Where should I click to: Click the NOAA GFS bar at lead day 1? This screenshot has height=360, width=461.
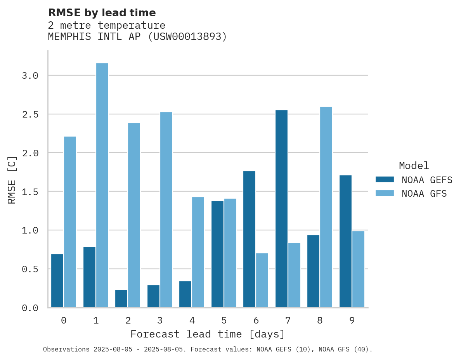(102, 185)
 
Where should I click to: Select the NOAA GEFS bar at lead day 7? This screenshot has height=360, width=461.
(281, 209)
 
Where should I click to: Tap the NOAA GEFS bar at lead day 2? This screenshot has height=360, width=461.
(121, 298)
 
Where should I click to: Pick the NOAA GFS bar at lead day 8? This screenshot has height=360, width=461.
(326, 207)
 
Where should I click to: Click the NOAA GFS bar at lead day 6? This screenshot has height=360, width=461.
(262, 280)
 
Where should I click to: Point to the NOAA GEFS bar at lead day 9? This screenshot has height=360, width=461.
(345, 241)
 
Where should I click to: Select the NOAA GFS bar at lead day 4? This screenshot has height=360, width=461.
(198, 252)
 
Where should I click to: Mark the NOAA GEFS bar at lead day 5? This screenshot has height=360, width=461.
(217, 254)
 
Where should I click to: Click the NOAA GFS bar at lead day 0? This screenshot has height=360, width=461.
(70, 222)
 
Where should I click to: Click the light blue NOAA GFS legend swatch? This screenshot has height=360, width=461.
(385, 193)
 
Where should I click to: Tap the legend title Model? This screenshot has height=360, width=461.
(414, 166)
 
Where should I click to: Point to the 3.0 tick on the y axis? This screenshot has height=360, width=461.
(30, 76)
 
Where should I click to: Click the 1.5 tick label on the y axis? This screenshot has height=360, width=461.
(30, 192)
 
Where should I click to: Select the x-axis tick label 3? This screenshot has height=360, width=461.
(160, 320)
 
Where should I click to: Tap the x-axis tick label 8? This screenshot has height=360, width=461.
(320, 320)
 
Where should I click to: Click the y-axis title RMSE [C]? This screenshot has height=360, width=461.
(12, 179)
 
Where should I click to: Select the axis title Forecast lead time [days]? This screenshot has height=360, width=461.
(208, 334)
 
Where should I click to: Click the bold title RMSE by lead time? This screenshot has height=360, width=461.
(102, 13)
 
